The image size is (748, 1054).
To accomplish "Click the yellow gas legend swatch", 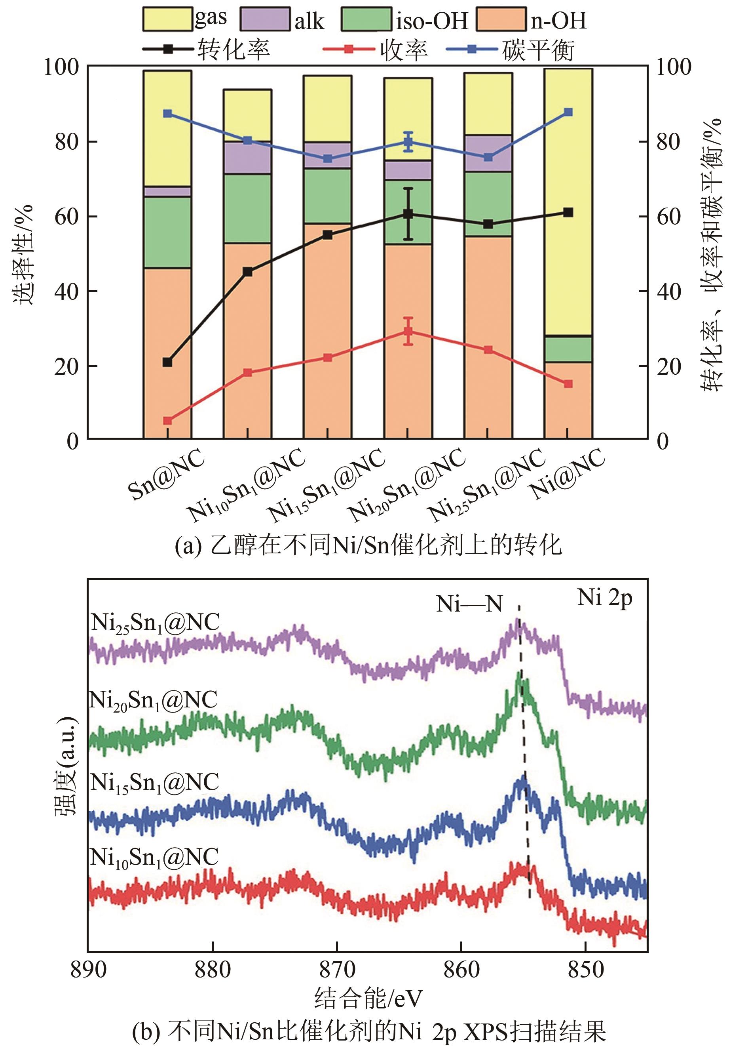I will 167,19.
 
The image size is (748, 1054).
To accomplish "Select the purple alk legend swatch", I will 265,19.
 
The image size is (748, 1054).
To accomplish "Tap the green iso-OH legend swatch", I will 366,19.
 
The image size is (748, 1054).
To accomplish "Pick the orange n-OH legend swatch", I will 501,19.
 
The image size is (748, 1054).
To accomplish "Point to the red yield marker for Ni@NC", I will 568,384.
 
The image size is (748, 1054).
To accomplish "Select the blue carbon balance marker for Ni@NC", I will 568,112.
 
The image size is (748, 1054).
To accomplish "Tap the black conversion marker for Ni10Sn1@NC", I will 248,272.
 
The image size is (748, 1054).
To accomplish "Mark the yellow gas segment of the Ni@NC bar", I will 568,203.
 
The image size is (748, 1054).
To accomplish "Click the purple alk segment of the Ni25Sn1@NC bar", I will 488,153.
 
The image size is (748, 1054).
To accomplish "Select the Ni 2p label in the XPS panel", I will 605,598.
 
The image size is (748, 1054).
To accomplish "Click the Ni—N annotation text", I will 469,604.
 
